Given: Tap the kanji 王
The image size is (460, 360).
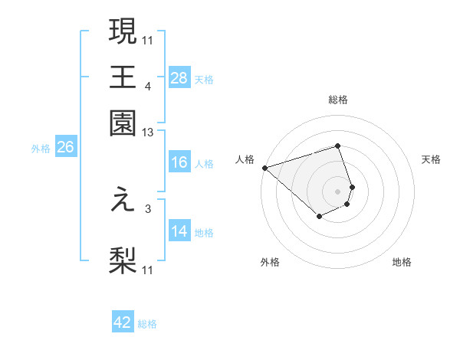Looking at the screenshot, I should click(x=123, y=77).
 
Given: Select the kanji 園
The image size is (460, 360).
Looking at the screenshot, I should click(x=123, y=123).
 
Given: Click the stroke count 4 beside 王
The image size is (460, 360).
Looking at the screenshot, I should click(x=147, y=86).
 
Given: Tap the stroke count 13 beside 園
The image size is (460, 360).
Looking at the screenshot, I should click(x=148, y=133).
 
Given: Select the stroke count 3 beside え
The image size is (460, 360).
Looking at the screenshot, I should click(x=147, y=208).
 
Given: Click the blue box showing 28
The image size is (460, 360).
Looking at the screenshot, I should click(x=179, y=77).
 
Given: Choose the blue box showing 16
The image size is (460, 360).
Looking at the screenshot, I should click(x=179, y=162).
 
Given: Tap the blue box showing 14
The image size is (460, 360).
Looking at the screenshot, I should click(x=179, y=231).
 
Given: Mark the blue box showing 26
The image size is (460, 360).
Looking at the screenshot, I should click(x=65, y=148).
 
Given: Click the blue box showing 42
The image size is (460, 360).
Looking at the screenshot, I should click(x=123, y=322).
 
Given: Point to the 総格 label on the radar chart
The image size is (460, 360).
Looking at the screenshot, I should click(x=338, y=100).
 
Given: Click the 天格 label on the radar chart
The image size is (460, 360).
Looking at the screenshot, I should click(x=431, y=159).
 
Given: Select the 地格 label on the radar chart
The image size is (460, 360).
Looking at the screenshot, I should click(x=402, y=262).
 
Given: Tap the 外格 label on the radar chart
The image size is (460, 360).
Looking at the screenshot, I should click(x=270, y=262).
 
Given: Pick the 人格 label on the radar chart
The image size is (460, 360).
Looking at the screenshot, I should click(x=245, y=159).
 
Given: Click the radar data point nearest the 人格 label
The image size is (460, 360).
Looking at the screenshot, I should click(x=264, y=168).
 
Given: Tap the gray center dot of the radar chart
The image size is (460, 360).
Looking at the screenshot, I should click(x=338, y=191).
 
